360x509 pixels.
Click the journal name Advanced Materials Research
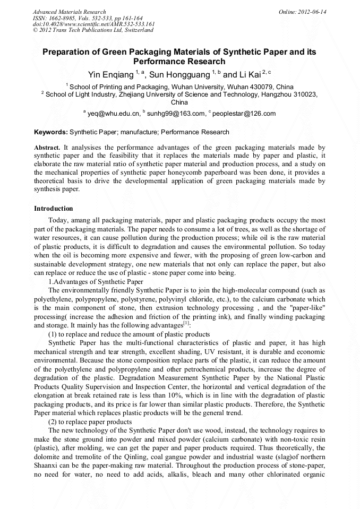[x=69, y=12]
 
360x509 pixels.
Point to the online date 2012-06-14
[x=312, y=12]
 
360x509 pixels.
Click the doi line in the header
[x=93, y=24]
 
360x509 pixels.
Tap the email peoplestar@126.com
[x=244, y=113]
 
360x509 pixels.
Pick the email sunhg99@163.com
[x=176, y=113]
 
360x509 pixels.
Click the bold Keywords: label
[x=51, y=132]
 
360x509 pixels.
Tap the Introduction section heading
[x=53, y=209]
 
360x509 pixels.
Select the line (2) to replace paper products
[x=90, y=422]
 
